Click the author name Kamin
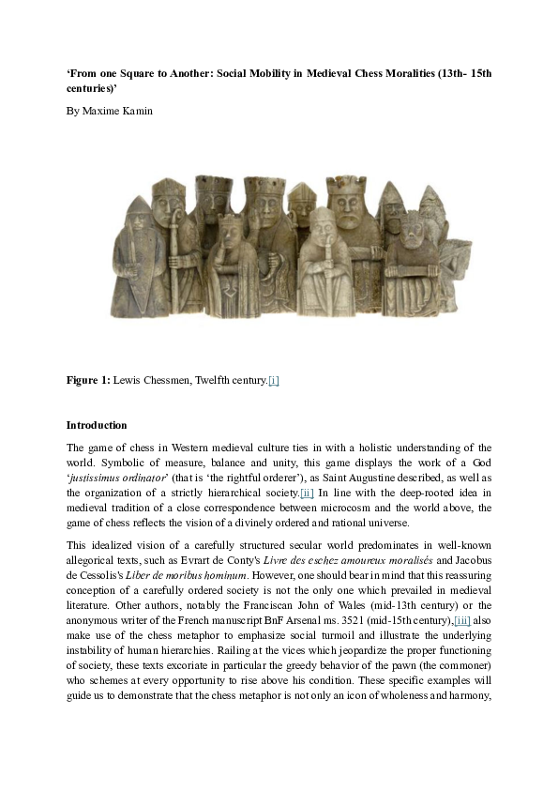(x=135, y=111)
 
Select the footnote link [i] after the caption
(x=273, y=380)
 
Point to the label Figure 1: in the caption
(x=88, y=380)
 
